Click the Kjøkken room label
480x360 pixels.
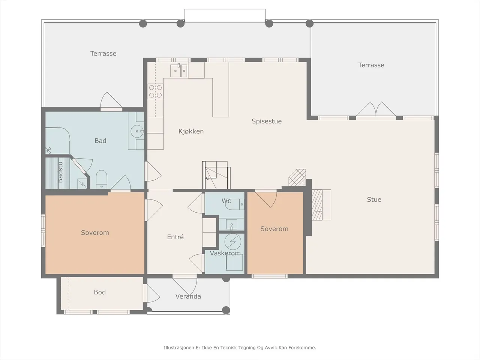pyautogui.click(x=191, y=131)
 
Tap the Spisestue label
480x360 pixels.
pyautogui.click(x=267, y=121)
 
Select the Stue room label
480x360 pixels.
pyautogui.click(x=374, y=199)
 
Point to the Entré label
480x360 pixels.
pyautogui.click(x=175, y=237)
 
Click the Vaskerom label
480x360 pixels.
pyautogui.click(x=225, y=253)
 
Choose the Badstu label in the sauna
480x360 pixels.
pyautogui.click(x=60, y=172)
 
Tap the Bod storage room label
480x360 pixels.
pyautogui.click(x=100, y=292)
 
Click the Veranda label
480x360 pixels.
pyautogui.click(x=188, y=296)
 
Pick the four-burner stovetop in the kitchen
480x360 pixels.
pyautogui.click(x=156, y=91)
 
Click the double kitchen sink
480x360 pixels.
pyautogui.click(x=179, y=70)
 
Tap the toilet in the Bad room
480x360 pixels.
pyautogui.click(x=102, y=180)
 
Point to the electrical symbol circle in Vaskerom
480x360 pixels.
pyautogui.click(x=232, y=242)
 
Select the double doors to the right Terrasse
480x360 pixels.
pyautogui.click(x=376, y=109)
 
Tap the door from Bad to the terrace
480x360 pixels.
pyautogui.click(x=111, y=101)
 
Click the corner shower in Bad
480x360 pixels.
pyautogui.click(x=58, y=141)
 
